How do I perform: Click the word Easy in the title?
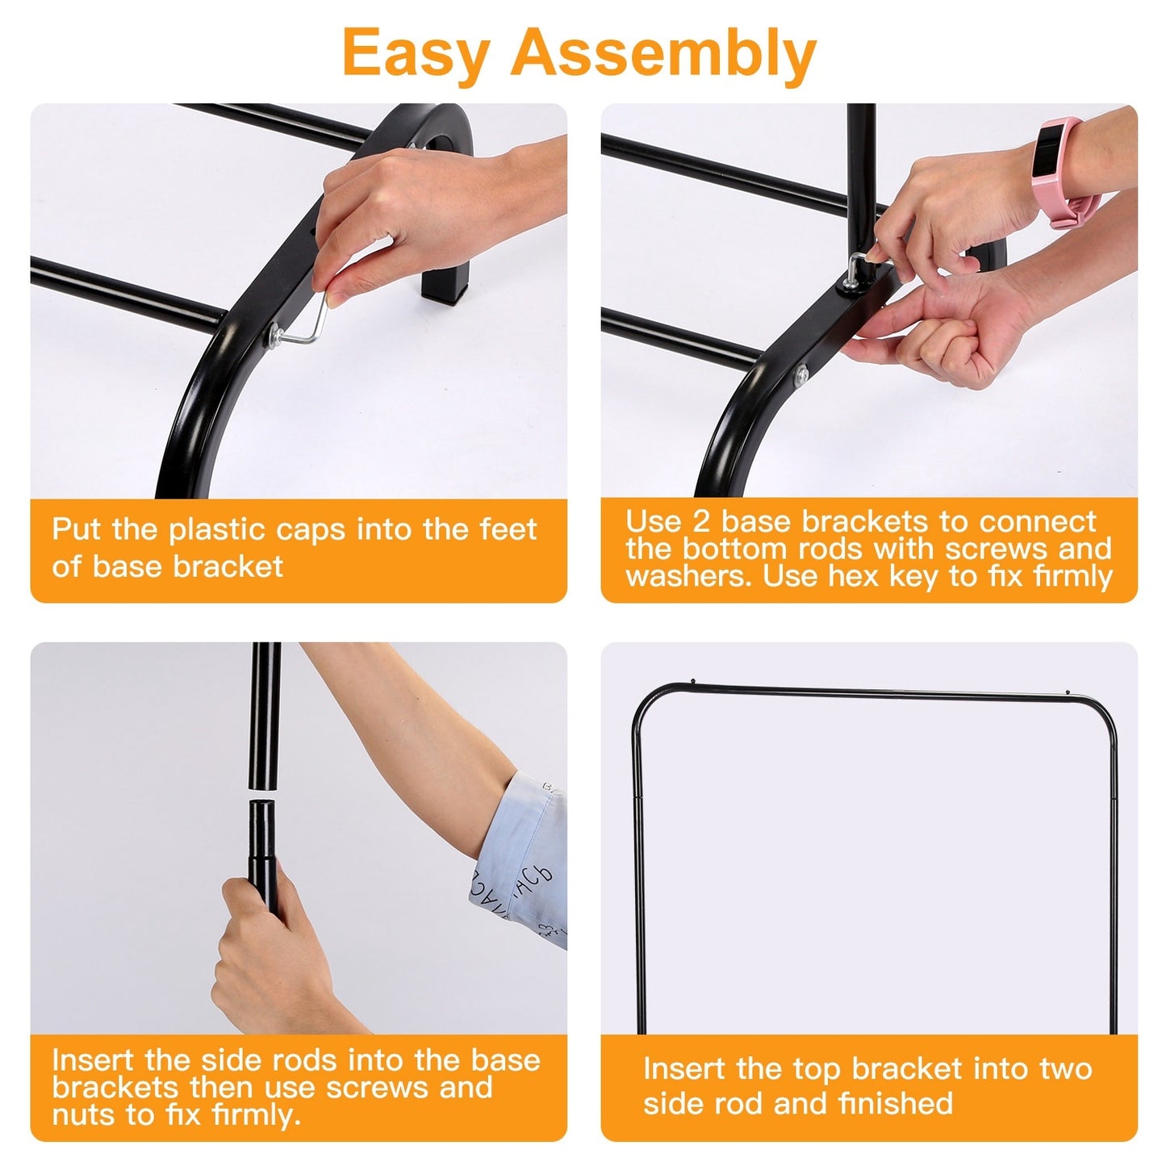tap(415, 53)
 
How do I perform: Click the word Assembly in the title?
tap(663, 53)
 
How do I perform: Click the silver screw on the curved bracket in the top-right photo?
tap(801, 375)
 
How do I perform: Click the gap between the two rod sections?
tap(263, 795)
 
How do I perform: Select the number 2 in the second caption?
tap(700, 521)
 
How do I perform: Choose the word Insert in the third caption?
tap(94, 1059)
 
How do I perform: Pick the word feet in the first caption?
tap(508, 530)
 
